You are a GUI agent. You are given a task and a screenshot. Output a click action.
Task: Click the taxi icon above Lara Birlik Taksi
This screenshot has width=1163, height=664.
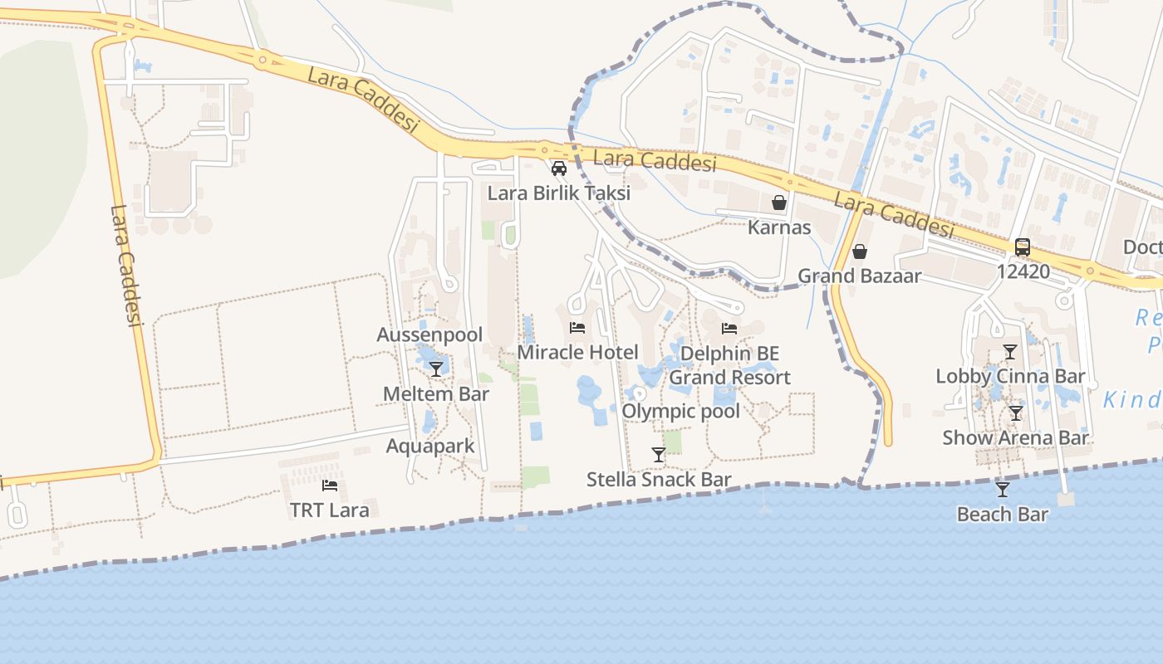559,168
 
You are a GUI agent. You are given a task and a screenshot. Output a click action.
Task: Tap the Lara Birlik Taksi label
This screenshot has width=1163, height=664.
559,193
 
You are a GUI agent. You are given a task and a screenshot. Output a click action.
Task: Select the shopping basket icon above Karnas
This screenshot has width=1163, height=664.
779,202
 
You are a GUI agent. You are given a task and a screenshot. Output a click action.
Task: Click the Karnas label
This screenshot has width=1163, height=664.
779,227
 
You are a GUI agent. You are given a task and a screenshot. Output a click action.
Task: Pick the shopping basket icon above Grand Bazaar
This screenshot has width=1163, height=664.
860,251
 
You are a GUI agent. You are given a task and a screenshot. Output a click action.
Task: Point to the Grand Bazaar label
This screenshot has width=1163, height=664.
860,276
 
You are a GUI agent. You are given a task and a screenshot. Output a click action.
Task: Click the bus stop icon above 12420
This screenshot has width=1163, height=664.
1023,247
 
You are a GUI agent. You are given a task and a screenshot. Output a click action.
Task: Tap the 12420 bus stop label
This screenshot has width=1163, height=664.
1023,271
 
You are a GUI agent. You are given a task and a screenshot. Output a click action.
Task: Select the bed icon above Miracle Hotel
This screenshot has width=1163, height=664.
577,327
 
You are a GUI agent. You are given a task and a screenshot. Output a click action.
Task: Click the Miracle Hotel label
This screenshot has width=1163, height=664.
577,352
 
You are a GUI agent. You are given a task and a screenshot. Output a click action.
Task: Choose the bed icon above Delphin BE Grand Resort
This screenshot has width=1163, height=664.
729,329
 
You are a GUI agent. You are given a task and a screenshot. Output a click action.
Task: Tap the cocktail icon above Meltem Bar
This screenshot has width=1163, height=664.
436,369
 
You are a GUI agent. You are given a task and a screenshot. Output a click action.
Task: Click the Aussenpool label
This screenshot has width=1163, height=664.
429,335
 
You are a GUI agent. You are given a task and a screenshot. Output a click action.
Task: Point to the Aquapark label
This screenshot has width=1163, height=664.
430,446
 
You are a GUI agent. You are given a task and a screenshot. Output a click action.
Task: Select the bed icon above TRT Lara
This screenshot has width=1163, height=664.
330,485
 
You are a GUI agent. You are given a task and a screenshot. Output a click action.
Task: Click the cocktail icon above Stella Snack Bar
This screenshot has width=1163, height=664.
659,454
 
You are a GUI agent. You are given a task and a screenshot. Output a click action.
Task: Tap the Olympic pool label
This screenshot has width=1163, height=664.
680,411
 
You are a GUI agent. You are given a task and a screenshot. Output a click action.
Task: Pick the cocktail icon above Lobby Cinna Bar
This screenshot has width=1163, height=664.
1010,351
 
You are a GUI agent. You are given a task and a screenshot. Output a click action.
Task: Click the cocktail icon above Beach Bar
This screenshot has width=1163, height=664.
1003,489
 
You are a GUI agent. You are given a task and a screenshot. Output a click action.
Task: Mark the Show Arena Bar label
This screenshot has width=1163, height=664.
1015,437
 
